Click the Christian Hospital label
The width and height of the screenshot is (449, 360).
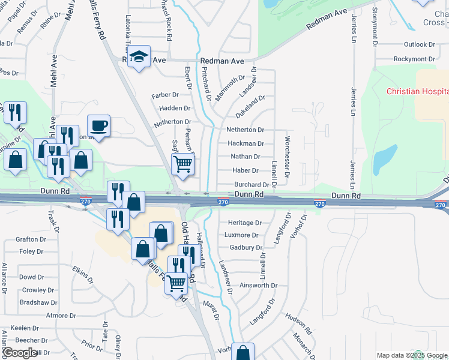pos(417,91)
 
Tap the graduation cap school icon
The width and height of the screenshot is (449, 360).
pos(140,58)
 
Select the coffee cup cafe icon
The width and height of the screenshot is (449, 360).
pos(99,126)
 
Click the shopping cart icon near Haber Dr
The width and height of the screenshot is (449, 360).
pos(182,163)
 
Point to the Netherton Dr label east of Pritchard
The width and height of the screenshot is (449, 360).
pos(245,130)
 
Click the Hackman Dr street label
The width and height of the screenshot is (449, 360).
pos(246,143)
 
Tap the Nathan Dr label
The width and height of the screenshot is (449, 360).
pos(245,157)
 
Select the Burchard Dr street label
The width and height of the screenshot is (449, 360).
pos(252,185)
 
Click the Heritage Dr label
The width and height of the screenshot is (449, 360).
pos(245,223)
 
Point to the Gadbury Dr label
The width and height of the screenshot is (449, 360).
pos(246,247)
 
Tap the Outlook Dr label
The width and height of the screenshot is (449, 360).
pos(419,44)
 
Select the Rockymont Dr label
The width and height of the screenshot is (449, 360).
pos(414,59)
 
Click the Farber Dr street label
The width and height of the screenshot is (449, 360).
pos(165,95)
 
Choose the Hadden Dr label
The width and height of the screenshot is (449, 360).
pos(175,109)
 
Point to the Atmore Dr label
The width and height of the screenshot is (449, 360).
pos(57,315)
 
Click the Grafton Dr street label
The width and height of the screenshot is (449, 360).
pos(31,239)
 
